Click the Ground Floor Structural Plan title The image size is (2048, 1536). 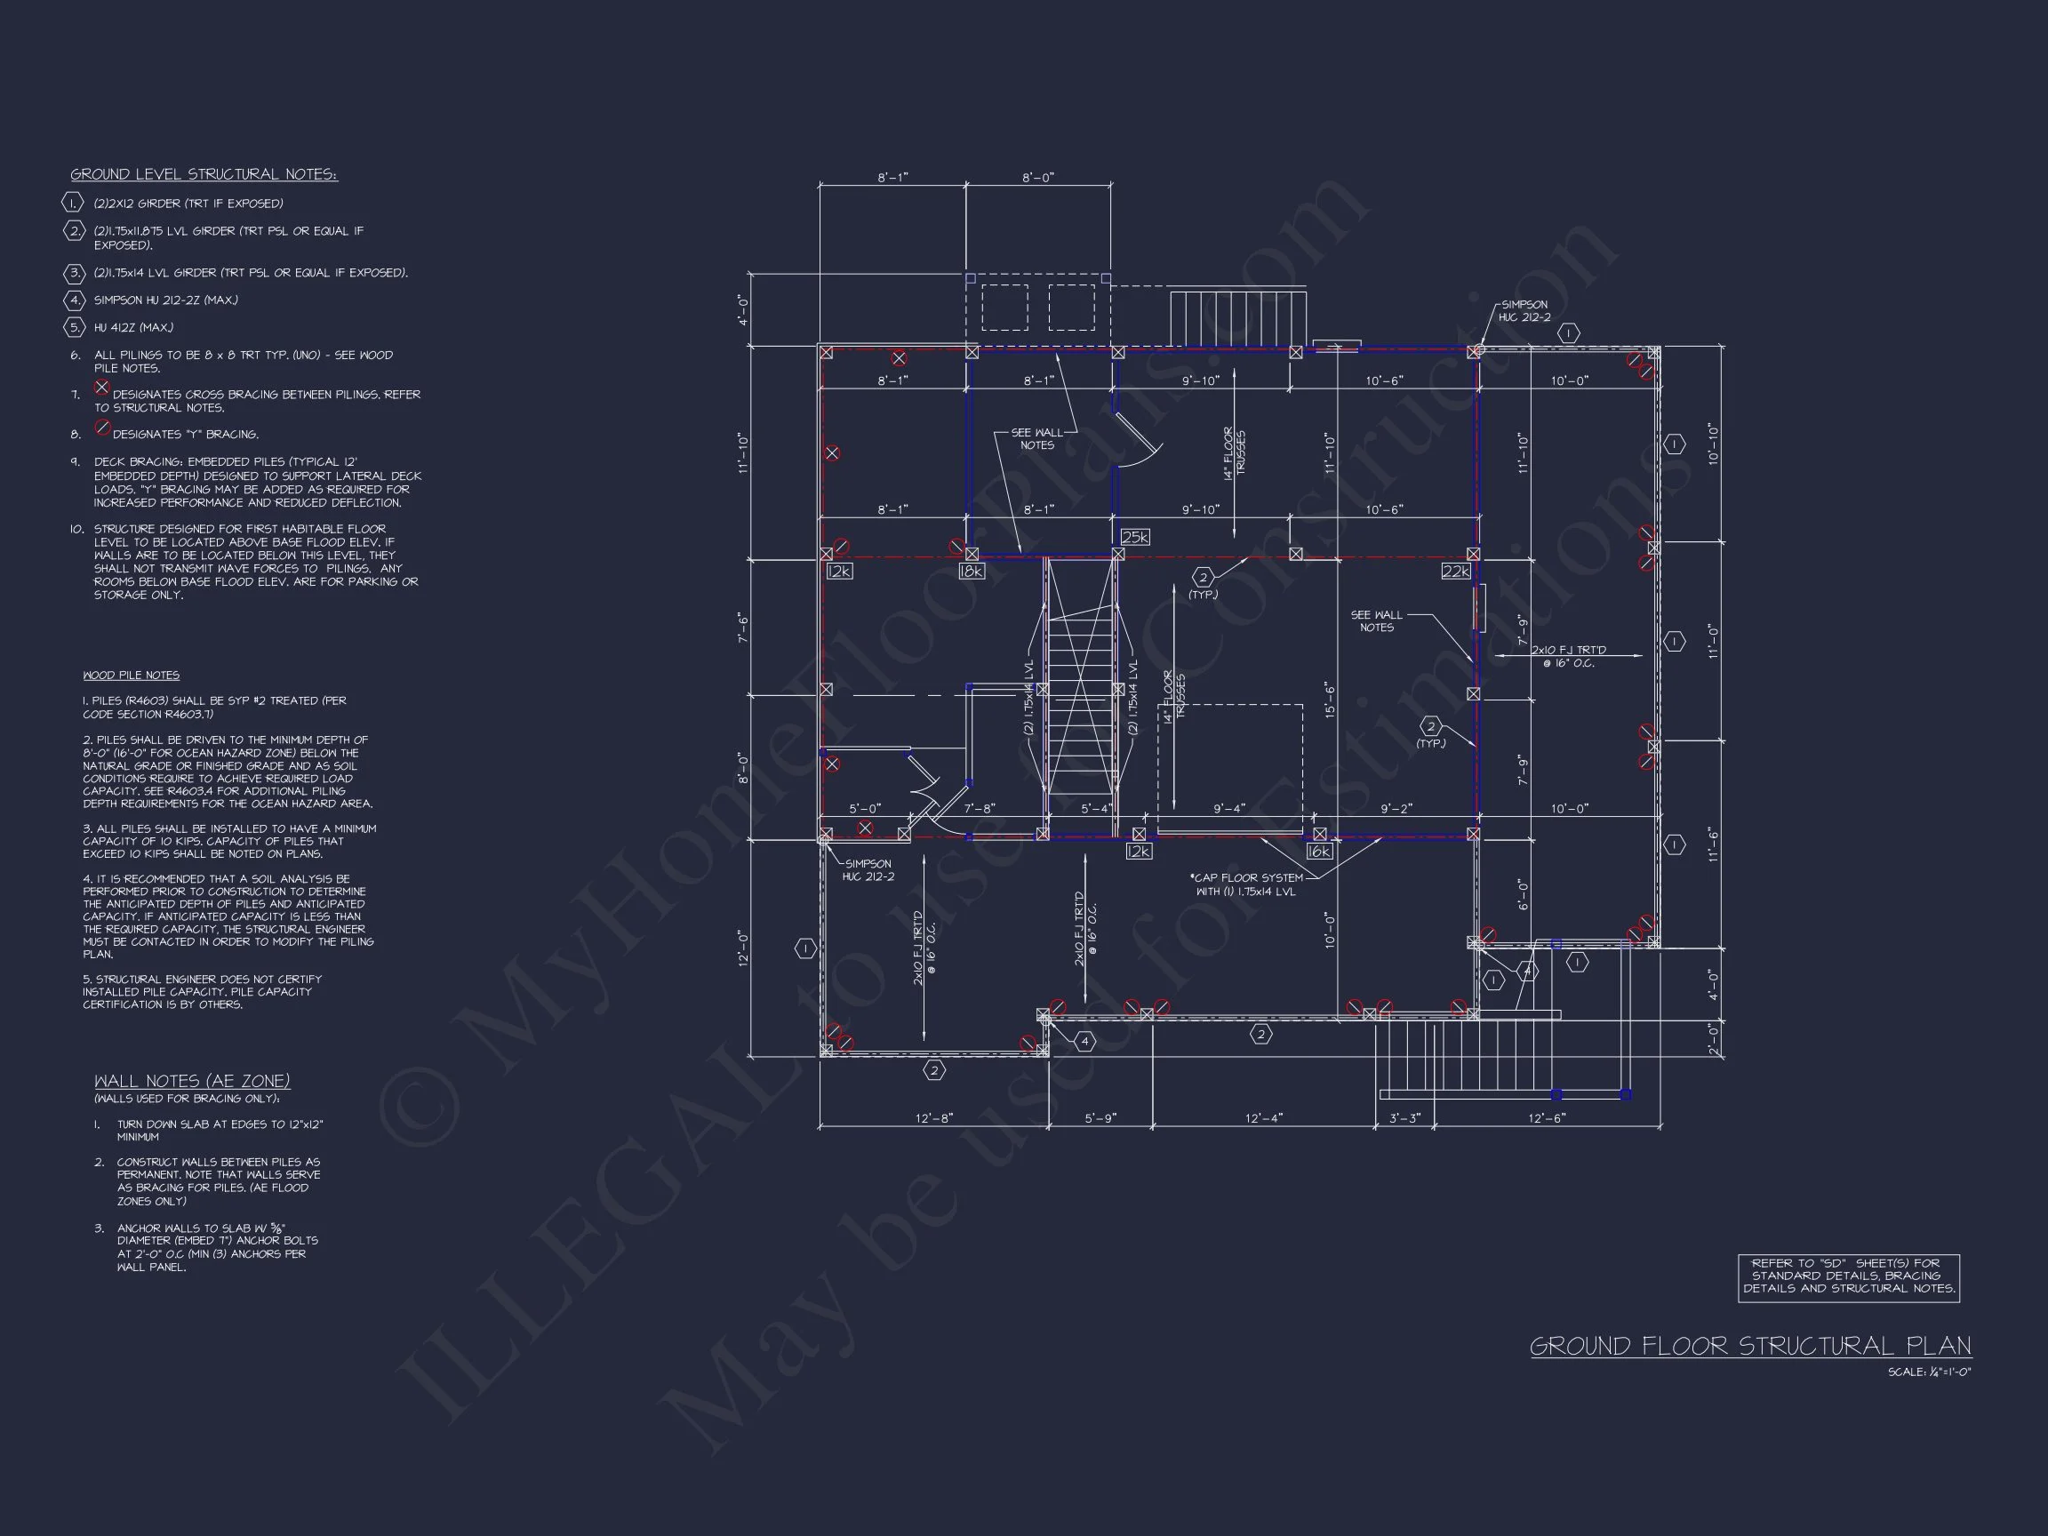[x=1750, y=1345]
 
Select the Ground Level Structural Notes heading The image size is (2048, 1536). [x=204, y=174]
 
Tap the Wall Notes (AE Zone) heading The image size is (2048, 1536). [x=192, y=1081]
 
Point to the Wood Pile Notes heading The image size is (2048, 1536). [x=131, y=675]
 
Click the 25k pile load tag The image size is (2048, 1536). [x=1135, y=537]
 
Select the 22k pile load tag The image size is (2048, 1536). [x=1455, y=572]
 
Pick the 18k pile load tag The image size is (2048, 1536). [x=972, y=572]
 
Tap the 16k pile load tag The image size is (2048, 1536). [x=1318, y=851]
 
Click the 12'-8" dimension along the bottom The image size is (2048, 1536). [x=933, y=1117]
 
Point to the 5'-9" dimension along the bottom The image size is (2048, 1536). [x=1100, y=1117]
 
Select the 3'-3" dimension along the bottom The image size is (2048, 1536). [x=1404, y=1117]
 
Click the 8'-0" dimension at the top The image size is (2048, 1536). [x=1038, y=178]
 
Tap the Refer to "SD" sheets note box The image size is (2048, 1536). [x=1848, y=1276]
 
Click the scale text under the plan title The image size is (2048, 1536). [x=1930, y=1372]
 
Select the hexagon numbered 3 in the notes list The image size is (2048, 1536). [x=74, y=273]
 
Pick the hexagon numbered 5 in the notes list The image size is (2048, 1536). [x=74, y=327]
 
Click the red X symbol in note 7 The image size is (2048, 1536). [x=102, y=387]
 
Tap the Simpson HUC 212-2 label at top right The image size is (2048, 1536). [x=1524, y=311]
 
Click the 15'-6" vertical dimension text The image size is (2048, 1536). [x=1331, y=699]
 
